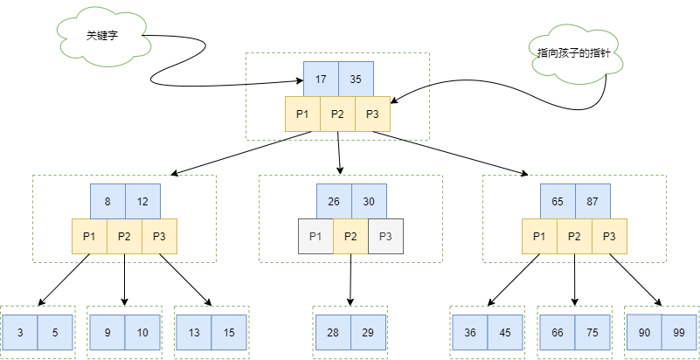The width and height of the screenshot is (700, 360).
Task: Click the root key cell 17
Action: click(321, 79)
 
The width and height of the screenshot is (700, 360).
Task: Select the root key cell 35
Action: click(356, 79)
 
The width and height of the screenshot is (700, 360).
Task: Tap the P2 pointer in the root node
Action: click(337, 114)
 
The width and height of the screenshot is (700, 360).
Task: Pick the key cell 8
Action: click(107, 201)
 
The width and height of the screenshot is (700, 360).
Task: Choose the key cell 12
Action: click(142, 201)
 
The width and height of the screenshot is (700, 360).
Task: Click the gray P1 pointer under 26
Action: click(315, 236)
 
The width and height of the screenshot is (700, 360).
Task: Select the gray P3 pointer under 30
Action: click(385, 236)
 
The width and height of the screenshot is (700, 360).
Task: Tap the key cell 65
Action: click(557, 201)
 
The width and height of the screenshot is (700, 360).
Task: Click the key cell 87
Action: click(592, 201)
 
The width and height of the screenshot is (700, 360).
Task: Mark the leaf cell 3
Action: click(19, 332)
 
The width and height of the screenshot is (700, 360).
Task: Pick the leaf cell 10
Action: click(142, 332)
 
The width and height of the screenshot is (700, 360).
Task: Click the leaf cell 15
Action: click(229, 332)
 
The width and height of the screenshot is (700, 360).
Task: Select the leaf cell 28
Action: click(333, 332)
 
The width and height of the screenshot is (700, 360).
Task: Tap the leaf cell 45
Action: click(504, 332)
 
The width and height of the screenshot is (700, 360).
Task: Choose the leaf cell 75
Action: click(592, 332)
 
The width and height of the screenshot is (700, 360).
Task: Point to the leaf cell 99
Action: click(679, 332)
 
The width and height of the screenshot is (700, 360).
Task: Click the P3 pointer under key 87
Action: click(609, 236)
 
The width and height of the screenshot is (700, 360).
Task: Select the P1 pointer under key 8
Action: click(89, 236)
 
